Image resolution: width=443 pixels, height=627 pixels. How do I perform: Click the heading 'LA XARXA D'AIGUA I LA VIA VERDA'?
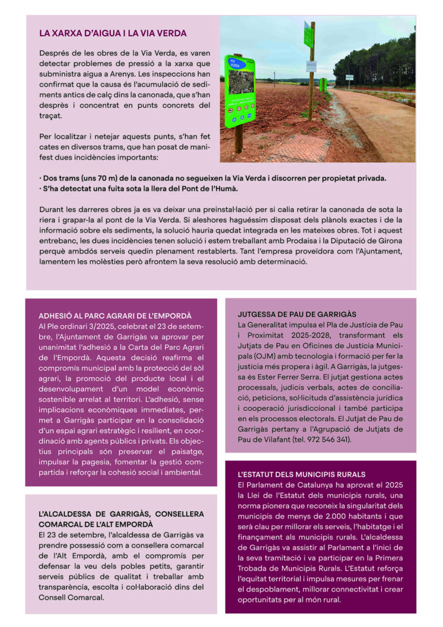coord(113,34)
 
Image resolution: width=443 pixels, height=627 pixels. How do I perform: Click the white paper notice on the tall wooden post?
coord(311,66)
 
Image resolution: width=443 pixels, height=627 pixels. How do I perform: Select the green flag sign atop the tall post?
coord(308,34)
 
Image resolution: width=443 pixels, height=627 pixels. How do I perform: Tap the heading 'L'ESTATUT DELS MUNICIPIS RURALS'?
coord(301,475)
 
